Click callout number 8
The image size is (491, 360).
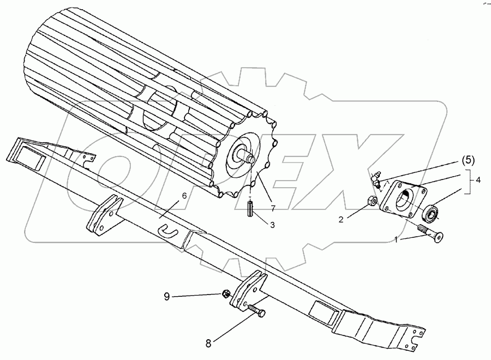coord(208,344)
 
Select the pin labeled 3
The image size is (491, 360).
coord(250,208)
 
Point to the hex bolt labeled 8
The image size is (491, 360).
coord(254,311)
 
